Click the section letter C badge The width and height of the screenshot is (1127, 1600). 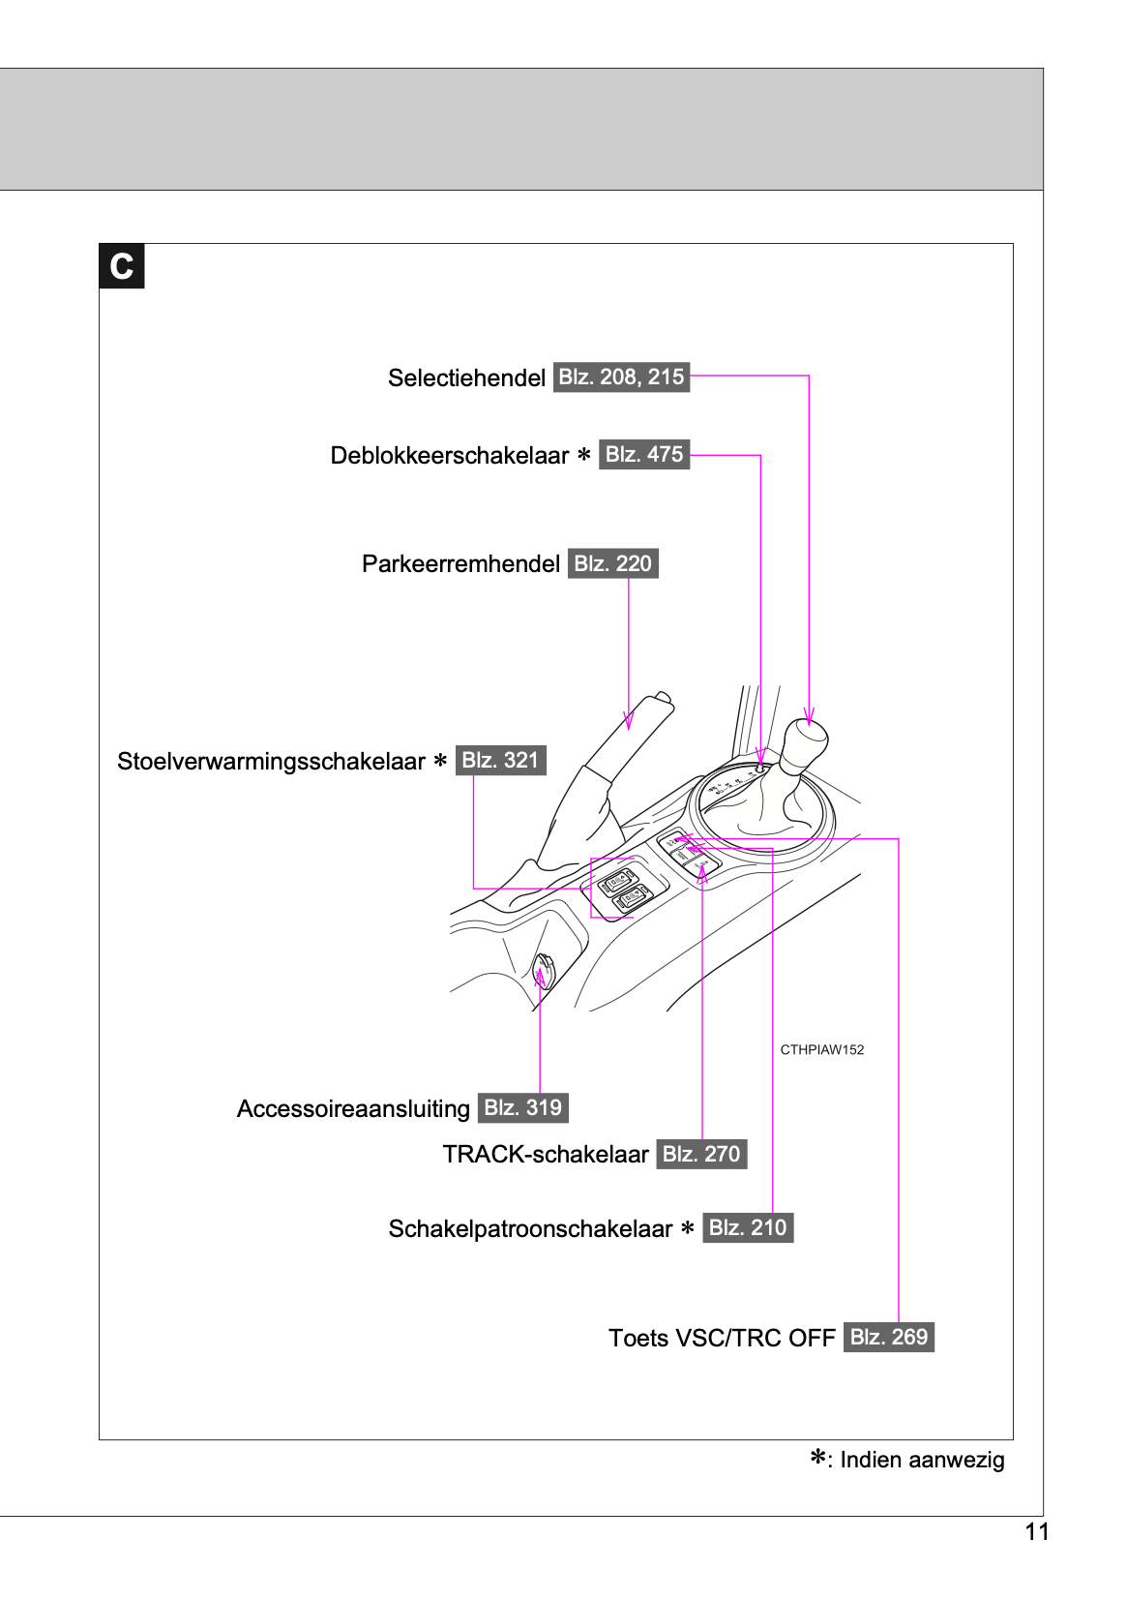[x=122, y=266]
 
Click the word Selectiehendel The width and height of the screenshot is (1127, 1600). [x=466, y=377]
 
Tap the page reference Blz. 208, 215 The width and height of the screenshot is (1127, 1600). [x=621, y=377]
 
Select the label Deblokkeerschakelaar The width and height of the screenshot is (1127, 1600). [x=450, y=455]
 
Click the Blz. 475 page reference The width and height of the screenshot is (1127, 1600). [x=644, y=454]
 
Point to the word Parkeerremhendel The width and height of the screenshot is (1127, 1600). [x=460, y=563]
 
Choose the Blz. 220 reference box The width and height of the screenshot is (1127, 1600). [x=612, y=563]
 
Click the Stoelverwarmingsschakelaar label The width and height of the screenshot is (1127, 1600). [x=271, y=761]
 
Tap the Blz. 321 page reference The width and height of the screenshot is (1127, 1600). [x=500, y=760]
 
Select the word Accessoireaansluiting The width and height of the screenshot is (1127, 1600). [x=353, y=1108]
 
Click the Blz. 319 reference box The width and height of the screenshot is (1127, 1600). [x=522, y=1107]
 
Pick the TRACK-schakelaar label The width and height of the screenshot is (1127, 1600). [x=546, y=1154]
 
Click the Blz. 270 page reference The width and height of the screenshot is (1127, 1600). [x=701, y=1154]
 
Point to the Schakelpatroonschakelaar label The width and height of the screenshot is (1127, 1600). [x=530, y=1228]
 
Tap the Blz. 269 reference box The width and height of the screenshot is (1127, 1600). [x=888, y=1337]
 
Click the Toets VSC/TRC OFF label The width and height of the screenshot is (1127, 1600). [x=722, y=1338]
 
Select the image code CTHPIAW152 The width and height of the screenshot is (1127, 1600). [x=821, y=1049]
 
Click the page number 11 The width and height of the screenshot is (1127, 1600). [x=1037, y=1531]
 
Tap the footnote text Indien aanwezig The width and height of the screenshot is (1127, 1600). [x=921, y=1460]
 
